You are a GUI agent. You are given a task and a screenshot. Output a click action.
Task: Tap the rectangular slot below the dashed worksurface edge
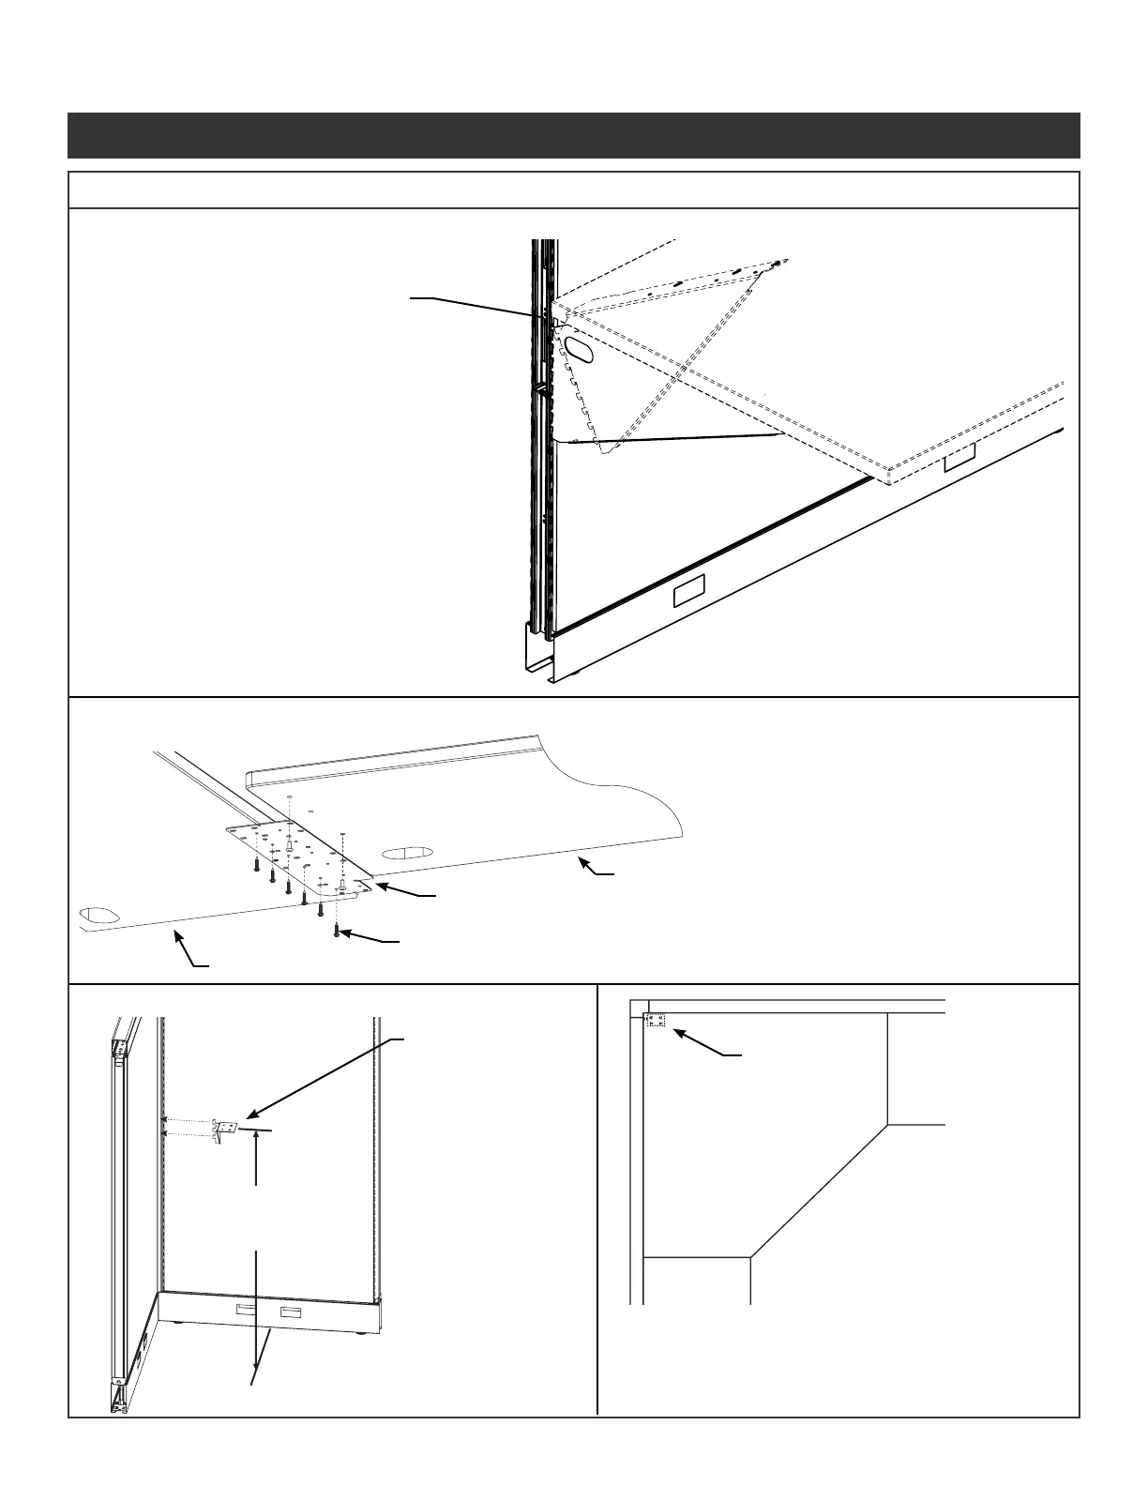959,458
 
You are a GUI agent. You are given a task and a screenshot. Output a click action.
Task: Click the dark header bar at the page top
573,136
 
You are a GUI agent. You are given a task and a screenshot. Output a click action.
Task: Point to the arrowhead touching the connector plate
380,885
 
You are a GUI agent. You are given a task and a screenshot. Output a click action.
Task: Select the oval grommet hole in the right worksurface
406,853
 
